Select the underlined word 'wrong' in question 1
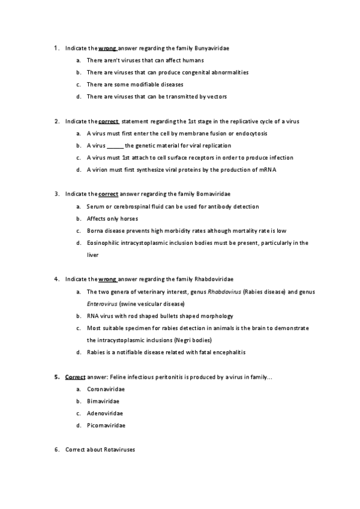point(107,47)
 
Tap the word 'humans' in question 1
point(194,60)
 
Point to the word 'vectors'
point(215,96)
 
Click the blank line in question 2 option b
point(115,146)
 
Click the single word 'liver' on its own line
point(93,254)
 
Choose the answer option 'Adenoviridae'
point(104,414)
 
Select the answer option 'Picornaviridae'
point(106,426)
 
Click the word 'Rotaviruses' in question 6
point(119,450)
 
